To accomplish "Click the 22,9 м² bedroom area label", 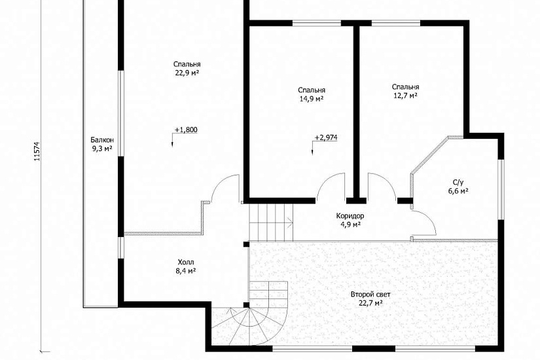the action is pos(187,73).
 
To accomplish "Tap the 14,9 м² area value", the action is pos(312,99).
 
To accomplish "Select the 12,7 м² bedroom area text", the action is pos(405,96).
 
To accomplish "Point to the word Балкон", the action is pos(102,140).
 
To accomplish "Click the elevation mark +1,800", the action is pos(186,130).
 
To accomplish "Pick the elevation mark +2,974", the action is pos(326,137).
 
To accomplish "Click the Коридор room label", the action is pos(350,216).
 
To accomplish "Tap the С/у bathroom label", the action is pos(458,182).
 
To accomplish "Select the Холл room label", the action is pos(185,261).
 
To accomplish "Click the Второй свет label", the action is pos(370,295).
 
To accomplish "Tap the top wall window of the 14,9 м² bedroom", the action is pos(317,23).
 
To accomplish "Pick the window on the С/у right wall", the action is pos(501,189).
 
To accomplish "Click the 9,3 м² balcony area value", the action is pos(102,149).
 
